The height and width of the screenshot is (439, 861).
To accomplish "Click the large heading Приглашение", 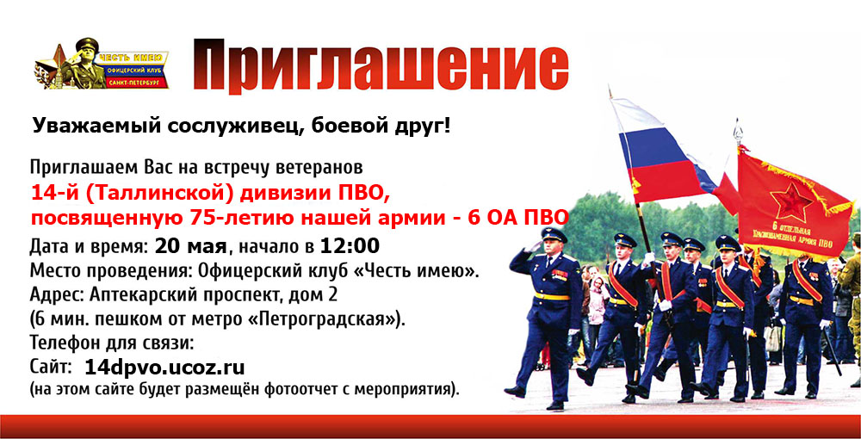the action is [x=381, y=65].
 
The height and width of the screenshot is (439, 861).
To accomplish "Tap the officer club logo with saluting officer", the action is [x=102, y=65].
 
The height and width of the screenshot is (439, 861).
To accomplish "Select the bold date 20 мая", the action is [x=190, y=246].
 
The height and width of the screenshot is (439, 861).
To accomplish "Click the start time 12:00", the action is [x=350, y=246].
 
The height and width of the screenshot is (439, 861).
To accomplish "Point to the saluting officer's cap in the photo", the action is [x=554, y=235].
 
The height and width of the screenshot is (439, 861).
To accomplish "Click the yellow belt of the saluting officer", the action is [x=552, y=297].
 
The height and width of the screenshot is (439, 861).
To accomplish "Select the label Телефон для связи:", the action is [x=112, y=343].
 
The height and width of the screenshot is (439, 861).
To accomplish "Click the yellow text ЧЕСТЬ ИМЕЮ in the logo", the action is [x=131, y=58].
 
